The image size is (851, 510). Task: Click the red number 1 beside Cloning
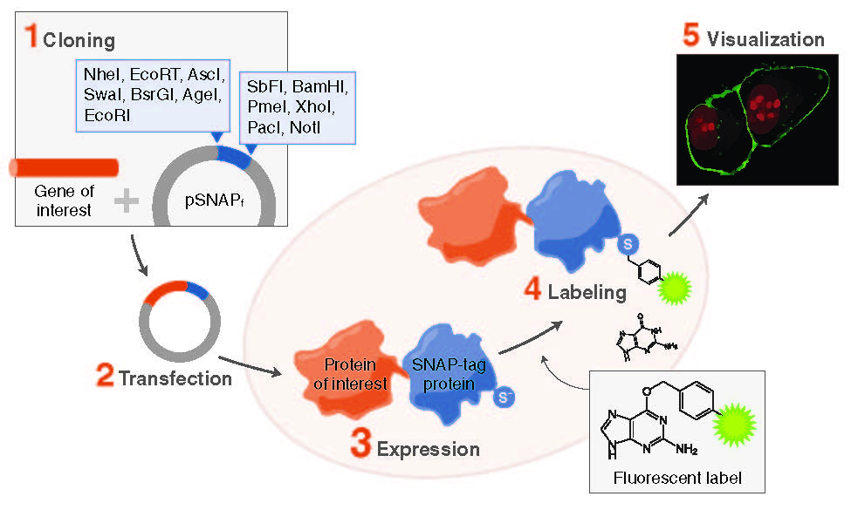[x=31, y=37]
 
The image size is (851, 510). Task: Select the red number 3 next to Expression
[x=361, y=445]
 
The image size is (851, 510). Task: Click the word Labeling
[x=587, y=292]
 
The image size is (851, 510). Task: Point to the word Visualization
[x=765, y=39]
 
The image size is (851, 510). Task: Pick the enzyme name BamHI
[x=321, y=87]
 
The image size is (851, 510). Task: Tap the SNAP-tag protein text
[x=444, y=372]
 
